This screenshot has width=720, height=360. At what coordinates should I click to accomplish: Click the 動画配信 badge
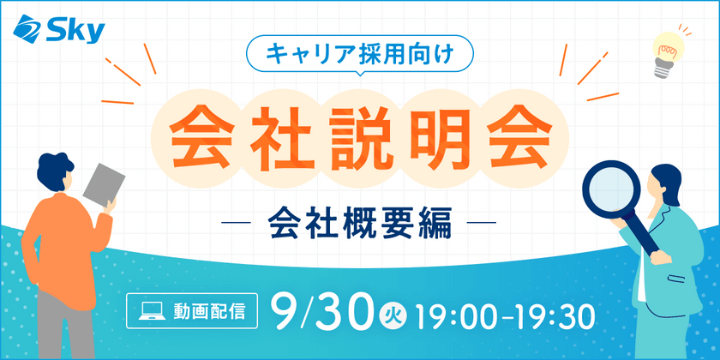[190, 311]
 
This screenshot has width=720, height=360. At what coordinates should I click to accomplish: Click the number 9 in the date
[285, 312]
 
